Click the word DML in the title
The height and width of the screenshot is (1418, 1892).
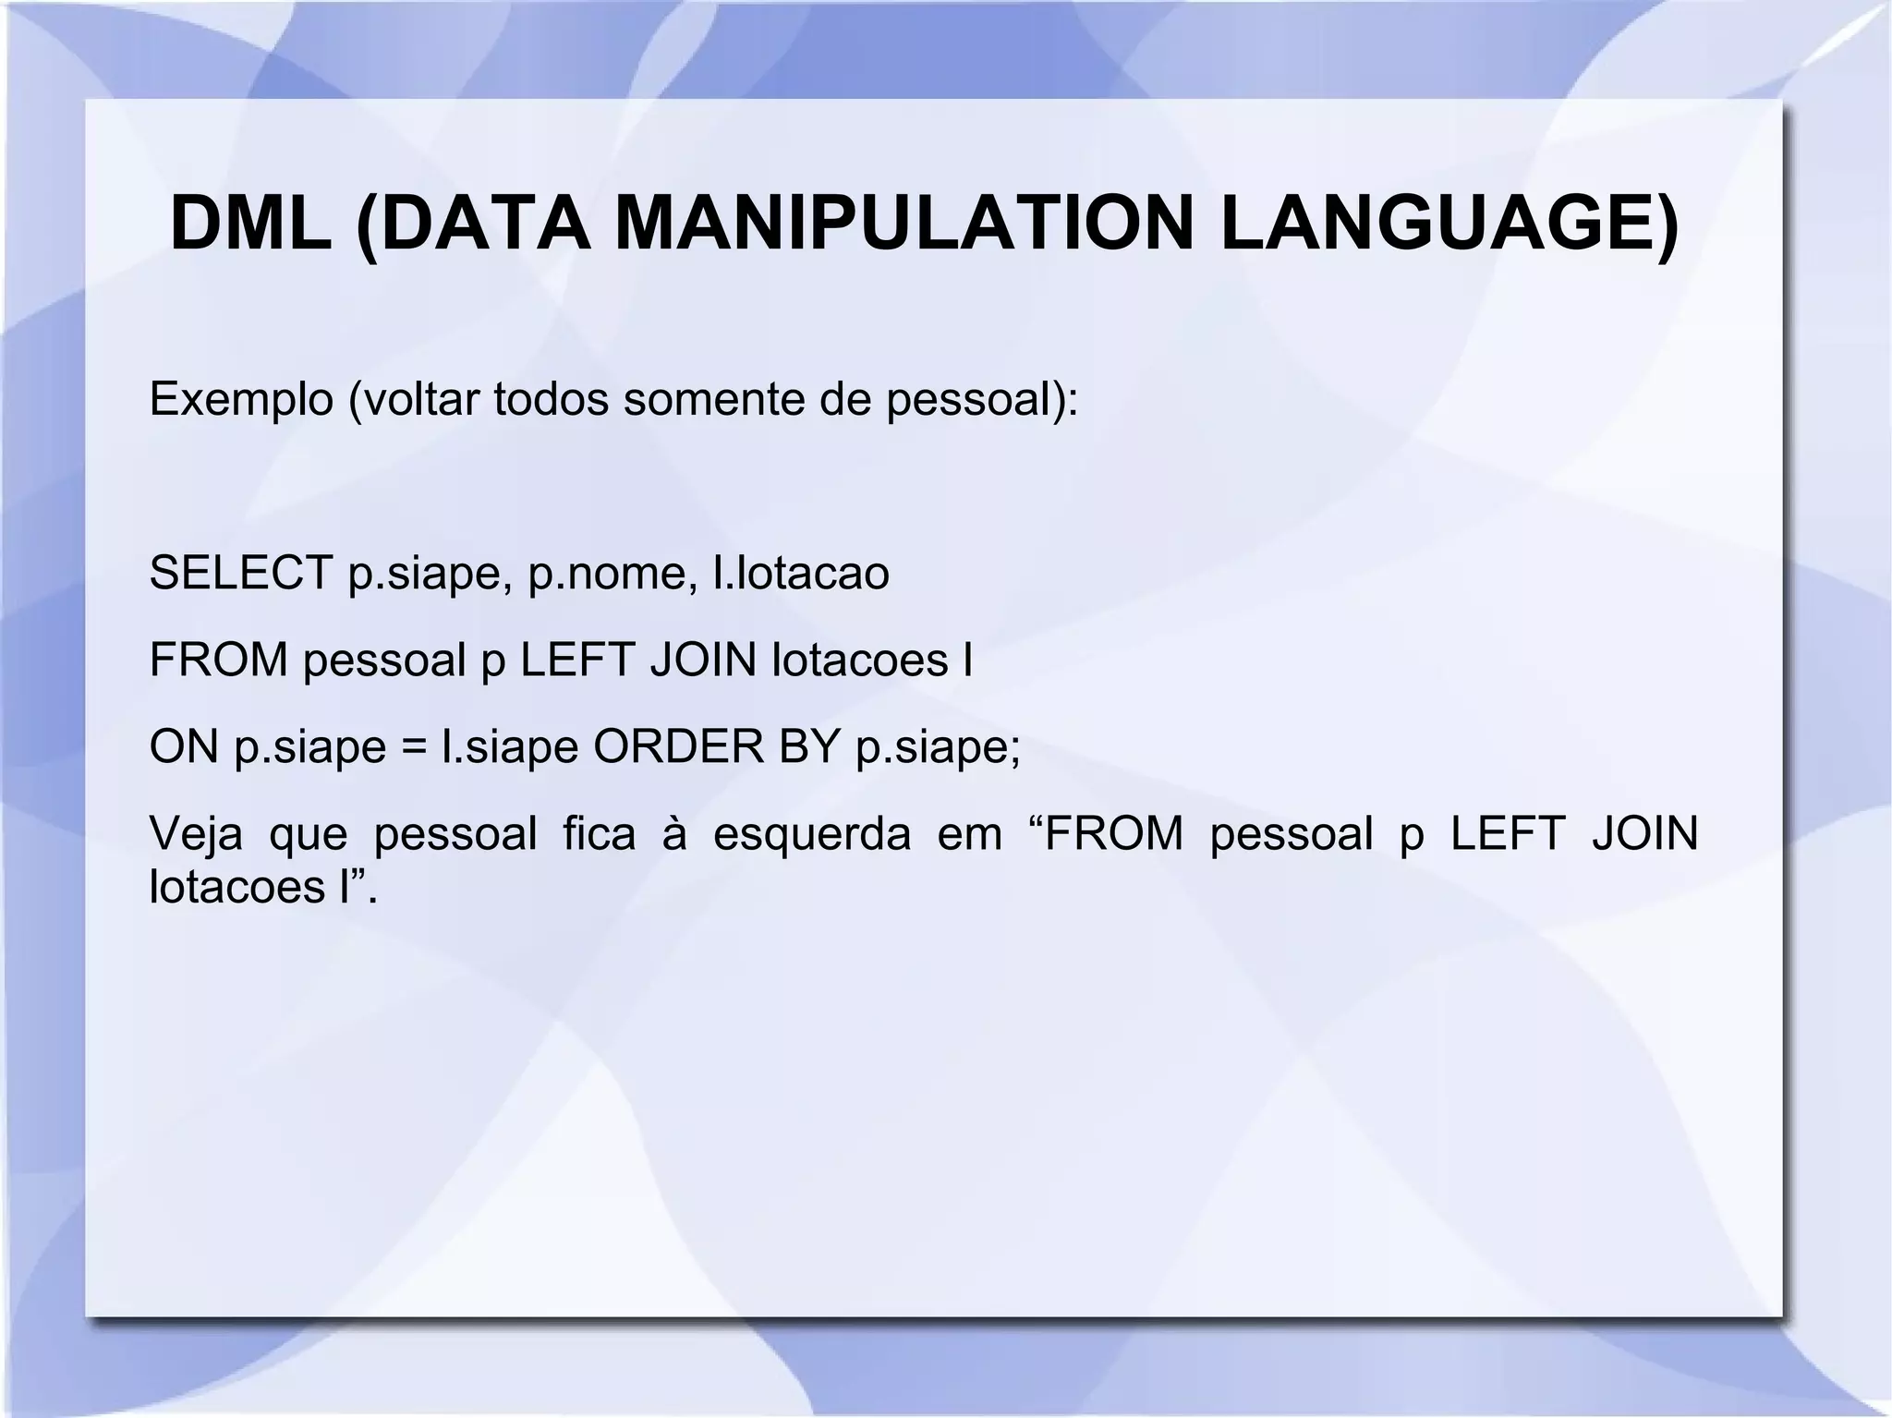pos(251,224)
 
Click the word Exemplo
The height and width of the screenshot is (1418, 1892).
pos(241,400)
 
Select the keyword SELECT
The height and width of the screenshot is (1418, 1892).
pos(241,574)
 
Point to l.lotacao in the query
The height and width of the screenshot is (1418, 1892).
pos(801,574)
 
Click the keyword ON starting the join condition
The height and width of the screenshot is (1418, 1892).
pos(184,746)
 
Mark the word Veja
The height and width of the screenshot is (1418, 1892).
pos(196,834)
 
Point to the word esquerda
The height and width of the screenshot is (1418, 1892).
pos(811,834)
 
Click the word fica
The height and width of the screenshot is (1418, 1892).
pos(600,834)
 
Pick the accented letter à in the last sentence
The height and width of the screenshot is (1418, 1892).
pos(675,834)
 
